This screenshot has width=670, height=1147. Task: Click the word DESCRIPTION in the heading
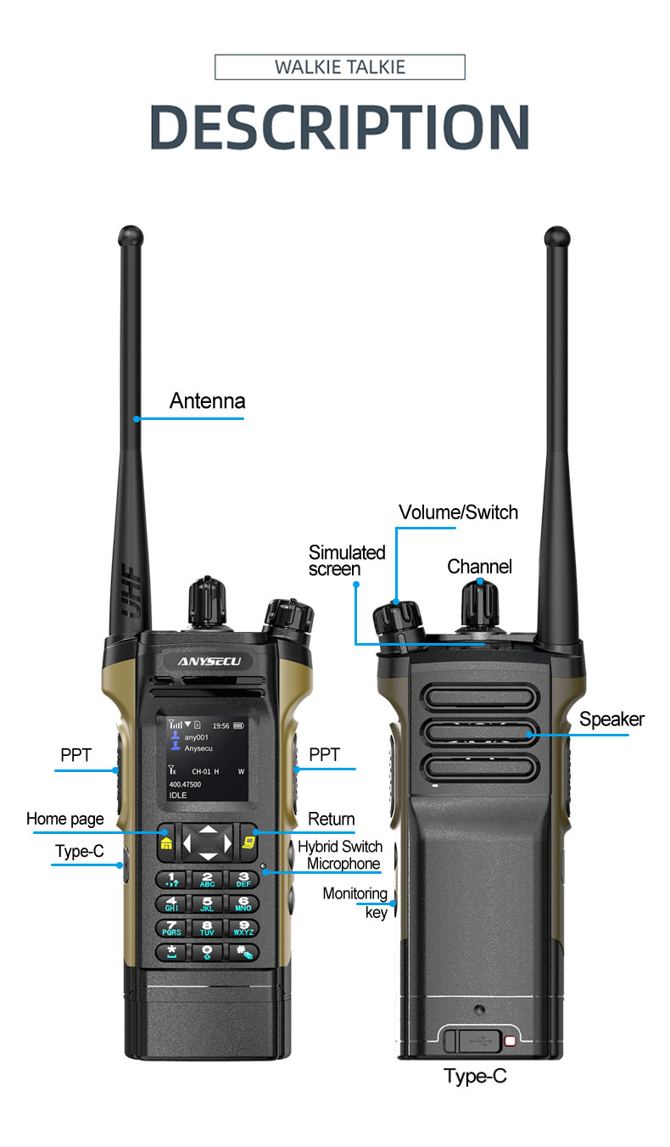[x=339, y=126]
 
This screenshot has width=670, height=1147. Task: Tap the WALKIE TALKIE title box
[x=340, y=67]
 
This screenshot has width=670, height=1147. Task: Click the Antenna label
[x=207, y=401]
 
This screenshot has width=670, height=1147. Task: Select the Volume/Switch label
[x=458, y=512]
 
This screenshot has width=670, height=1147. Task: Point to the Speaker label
[x=611, y=719]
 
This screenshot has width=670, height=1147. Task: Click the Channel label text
[x=479, y=567]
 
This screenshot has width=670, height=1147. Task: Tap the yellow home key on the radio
[x=166, y=842]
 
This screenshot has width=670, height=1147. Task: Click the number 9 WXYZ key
[x=243, y=928]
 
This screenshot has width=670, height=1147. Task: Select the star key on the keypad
[x=171, y=951]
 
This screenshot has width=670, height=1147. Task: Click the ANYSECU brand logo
[x=209, y=662]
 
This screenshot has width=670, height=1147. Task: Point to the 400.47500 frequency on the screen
[x=185, y=785]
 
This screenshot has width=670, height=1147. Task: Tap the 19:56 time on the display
[x=221, y=725]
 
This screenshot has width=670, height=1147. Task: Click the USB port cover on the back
[x=472, y=1041]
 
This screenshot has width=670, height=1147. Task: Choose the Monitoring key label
[x=355, y=903]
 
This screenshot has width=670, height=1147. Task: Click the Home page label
[x=65, y=820]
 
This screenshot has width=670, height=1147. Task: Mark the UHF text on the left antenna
[x=131, y=590]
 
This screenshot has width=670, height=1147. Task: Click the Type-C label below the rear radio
[x=475, y=1076]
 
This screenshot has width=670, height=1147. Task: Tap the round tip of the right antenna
[x=557, y=237]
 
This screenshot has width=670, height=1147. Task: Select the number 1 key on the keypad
[x=172, y=880]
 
